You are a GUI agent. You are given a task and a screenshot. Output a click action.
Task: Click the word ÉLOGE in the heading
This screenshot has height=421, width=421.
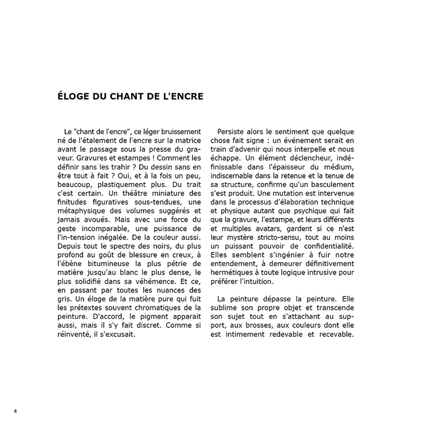pyautogui.click(x=73, y=96)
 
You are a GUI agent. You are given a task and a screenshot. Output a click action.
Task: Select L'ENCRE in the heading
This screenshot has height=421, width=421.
pyautogui.click(x=183, y=96)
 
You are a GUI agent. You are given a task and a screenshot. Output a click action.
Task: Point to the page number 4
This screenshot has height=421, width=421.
pyautogui.click(x=15, y=411)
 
